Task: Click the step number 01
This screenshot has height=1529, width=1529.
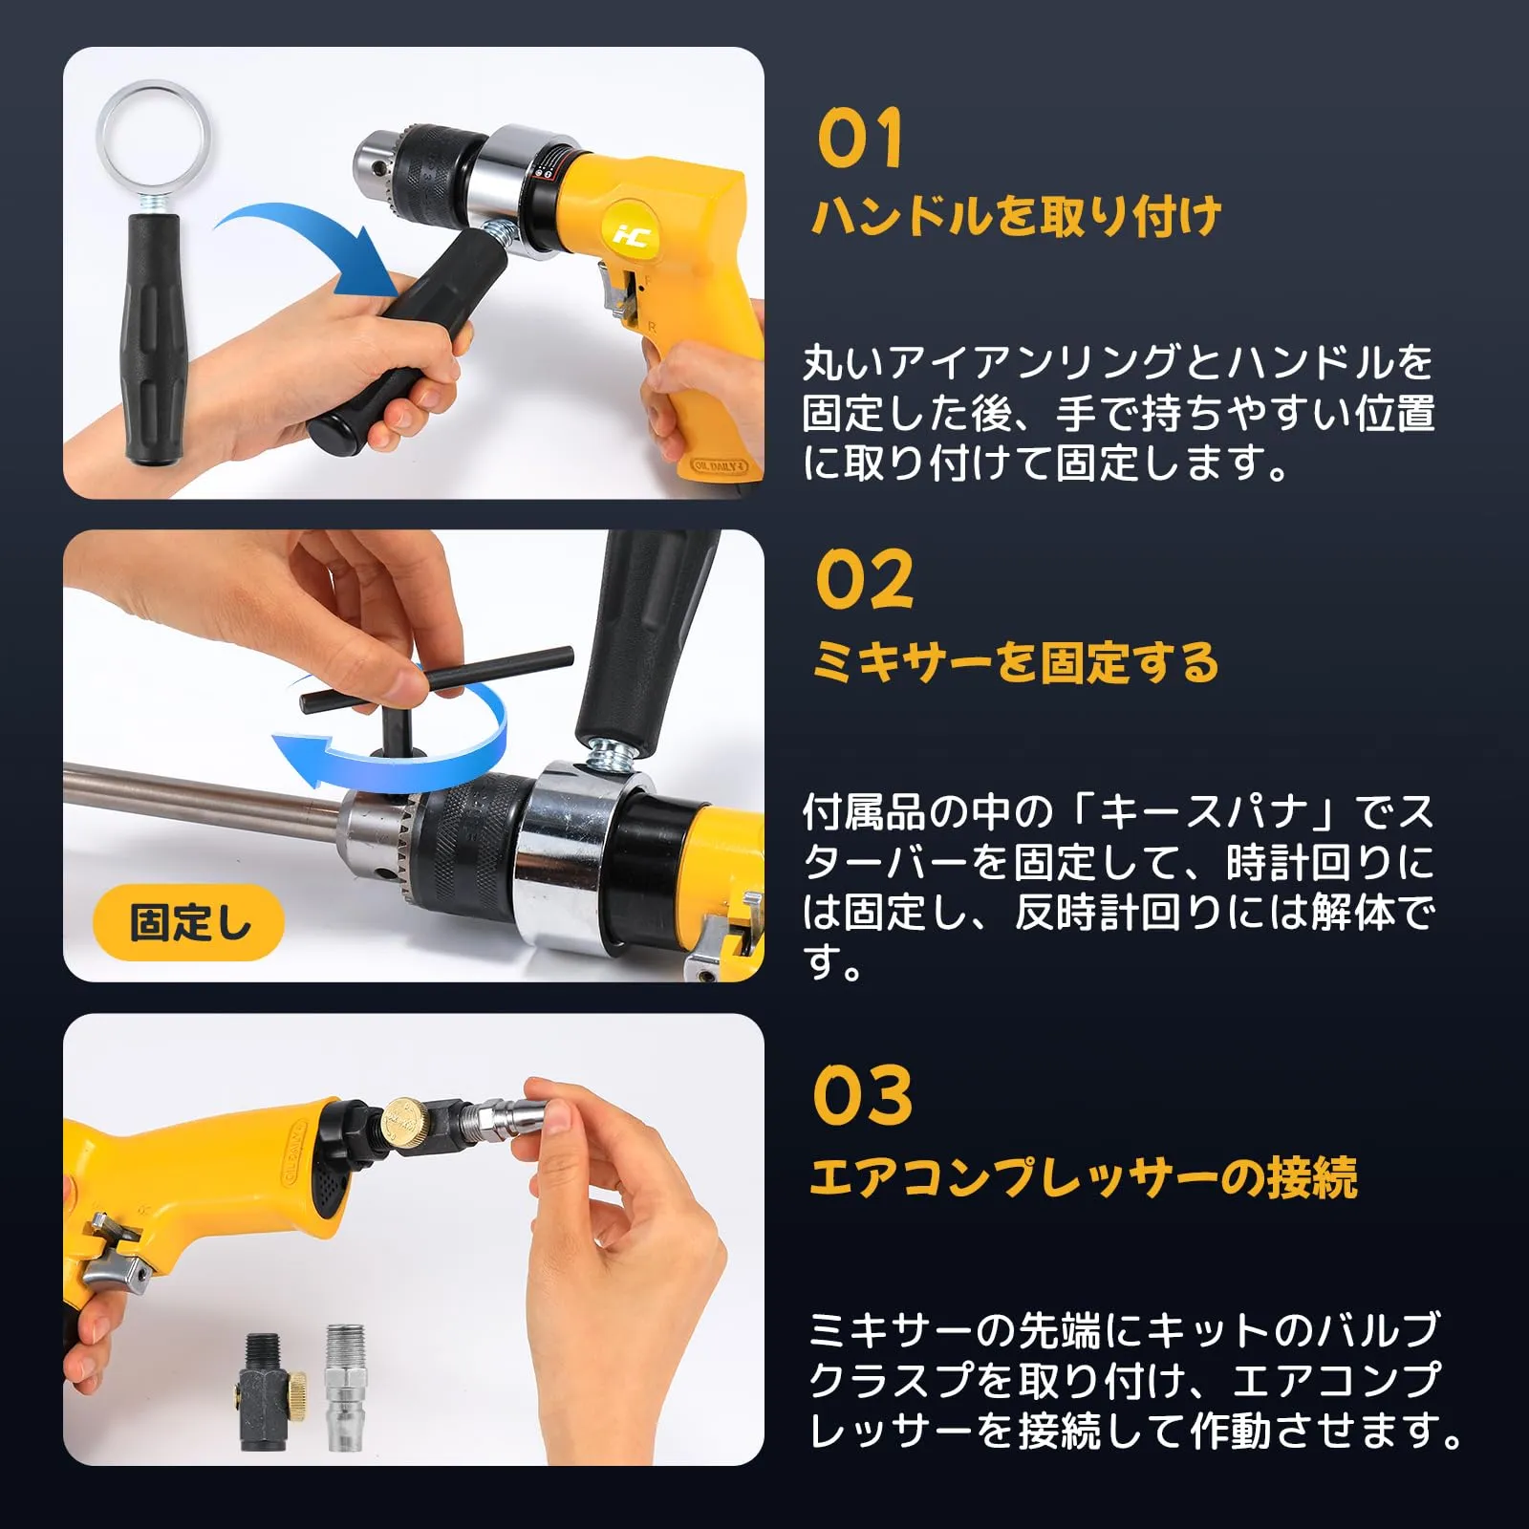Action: tap(860, 138)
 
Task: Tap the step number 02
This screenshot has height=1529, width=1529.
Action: tap(864, 579)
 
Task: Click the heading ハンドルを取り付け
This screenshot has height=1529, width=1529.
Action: tap(1017, 216)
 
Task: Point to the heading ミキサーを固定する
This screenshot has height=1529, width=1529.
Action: tap(1016, 662)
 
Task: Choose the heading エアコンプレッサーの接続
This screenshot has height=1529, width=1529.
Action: tap(1084, 1176)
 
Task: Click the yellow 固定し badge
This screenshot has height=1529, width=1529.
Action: tap(188, 923)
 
